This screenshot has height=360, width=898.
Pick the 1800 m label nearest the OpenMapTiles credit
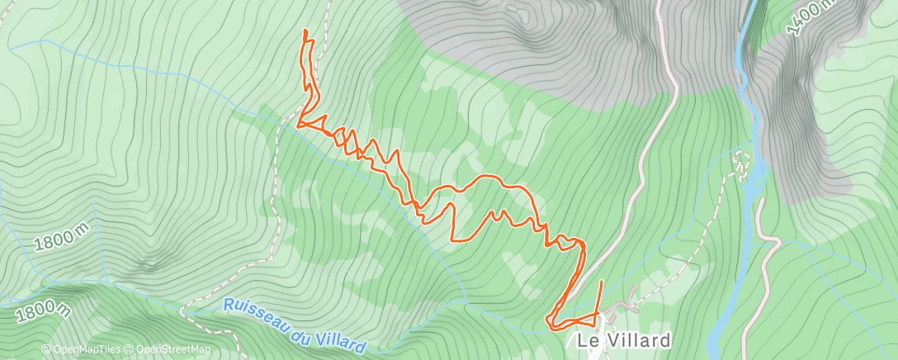(x=42, y=311)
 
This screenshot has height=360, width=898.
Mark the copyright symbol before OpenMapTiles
(x=45, y=350)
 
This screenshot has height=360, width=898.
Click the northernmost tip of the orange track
(x=305, y=31)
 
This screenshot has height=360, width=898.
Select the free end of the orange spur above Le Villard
(x=601, y=282)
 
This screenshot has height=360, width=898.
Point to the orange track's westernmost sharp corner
(x=297, y=126)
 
